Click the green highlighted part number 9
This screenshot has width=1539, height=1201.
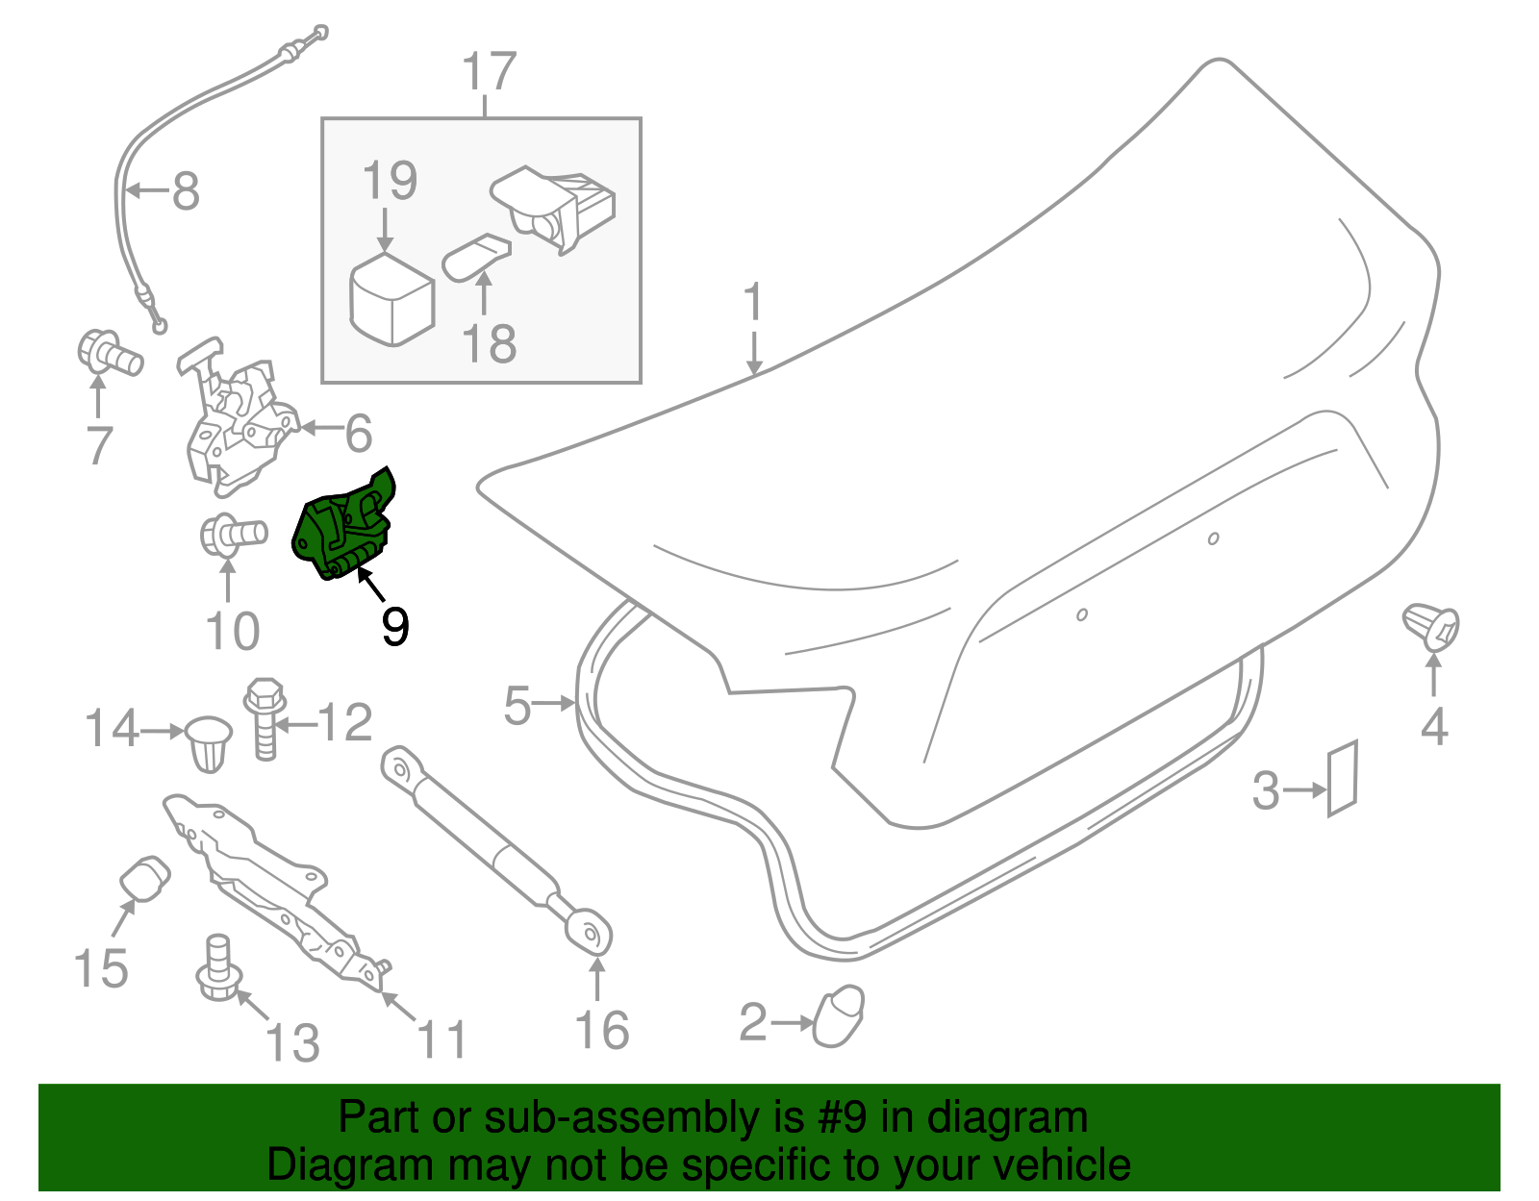(x=345, y=527)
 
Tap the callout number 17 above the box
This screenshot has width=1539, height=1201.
(x=489, y=71)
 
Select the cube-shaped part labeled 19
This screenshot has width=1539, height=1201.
(x=391, y=299)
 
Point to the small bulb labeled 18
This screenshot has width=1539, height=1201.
(x=476, y=257)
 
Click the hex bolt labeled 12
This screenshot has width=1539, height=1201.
(x=265, y=719)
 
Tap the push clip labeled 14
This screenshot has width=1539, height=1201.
(x=209, y=744)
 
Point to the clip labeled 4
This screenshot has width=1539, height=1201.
(x=1430, y=626)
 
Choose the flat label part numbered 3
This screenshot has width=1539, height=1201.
(x=1342, y=779)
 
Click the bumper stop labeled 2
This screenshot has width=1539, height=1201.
(x=839, y=1015)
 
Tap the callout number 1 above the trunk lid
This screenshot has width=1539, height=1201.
(x=753, y=302)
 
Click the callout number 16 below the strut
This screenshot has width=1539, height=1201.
(x=602, y=1031)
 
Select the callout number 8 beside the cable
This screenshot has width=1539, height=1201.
(x=187, y=190)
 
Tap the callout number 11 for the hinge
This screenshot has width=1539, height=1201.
(x=442, y=1038)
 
